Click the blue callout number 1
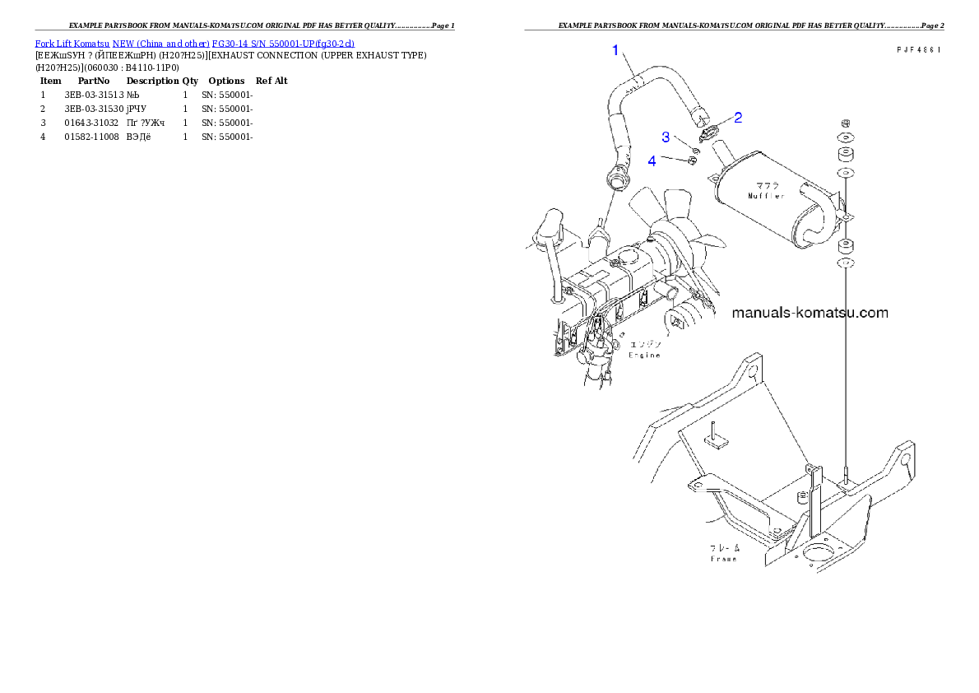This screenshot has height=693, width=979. click(x=615, y=51)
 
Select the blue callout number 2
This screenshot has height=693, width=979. click(x=738, y=118)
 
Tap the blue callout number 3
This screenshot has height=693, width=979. click(x=666, y=137)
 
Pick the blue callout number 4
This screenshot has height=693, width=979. click(x=652, y=160)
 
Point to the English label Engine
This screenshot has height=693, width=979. click(x=644, y=356)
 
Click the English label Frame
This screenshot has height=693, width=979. click(x=724, y=559)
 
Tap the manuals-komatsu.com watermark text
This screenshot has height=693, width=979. click(x=809, y=313)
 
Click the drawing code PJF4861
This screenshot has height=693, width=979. click(x=918, y=50)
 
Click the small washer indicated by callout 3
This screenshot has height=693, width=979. click(x=696, y=149)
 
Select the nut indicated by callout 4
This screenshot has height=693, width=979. click(x=692, y=160)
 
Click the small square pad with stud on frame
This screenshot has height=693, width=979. click(x=716, y=439)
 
